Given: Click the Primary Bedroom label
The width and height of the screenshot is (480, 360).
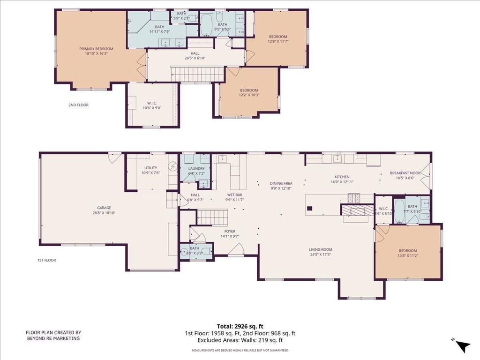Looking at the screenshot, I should [x=96, y=49].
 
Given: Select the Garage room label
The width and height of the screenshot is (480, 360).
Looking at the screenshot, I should [x=104, y=208].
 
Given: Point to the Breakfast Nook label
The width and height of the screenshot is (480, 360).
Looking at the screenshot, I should [x=405, y=173].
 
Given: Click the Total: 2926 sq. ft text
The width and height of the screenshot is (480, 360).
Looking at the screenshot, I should [x=240, y=326].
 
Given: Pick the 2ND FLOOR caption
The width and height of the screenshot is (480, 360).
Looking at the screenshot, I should [x=78, y=105].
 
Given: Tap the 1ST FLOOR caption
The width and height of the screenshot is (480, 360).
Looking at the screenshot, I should [x=47, y=260].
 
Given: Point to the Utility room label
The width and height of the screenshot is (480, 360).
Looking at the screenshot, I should [x=150, y=168].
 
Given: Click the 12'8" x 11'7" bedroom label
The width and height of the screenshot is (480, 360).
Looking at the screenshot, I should [x=277, y=41].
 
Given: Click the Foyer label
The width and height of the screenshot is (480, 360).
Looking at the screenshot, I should [x=230, y=232].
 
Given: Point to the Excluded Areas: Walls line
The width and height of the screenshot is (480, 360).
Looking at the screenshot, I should [x=240, y=340].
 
